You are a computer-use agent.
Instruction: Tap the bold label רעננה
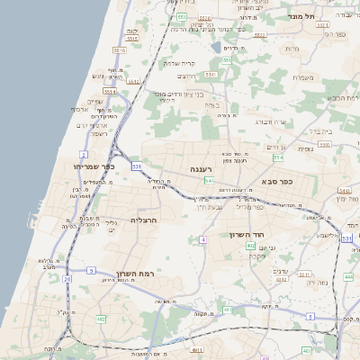click(x=201, y=169)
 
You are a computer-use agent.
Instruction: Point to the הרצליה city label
click(x=144, y=220)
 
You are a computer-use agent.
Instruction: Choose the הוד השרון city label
click(x=269, y=232)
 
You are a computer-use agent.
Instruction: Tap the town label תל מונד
click(x=301, y=16)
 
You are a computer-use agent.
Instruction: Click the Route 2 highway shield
click(x=84, y=155)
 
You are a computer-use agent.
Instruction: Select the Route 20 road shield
click(x=67, y=279)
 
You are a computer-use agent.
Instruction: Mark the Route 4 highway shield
click(x=203, y=239)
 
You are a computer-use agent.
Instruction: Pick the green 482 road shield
click(x=101, y=319)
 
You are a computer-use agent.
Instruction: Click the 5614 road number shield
click(x=109, y=91)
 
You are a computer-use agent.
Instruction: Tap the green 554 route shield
click(x=278, y=157)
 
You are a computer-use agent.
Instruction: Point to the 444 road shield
click(x=348, y=277)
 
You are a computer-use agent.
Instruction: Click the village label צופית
click(x=304, y=149)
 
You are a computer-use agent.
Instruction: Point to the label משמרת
click(x=303, y=77)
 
